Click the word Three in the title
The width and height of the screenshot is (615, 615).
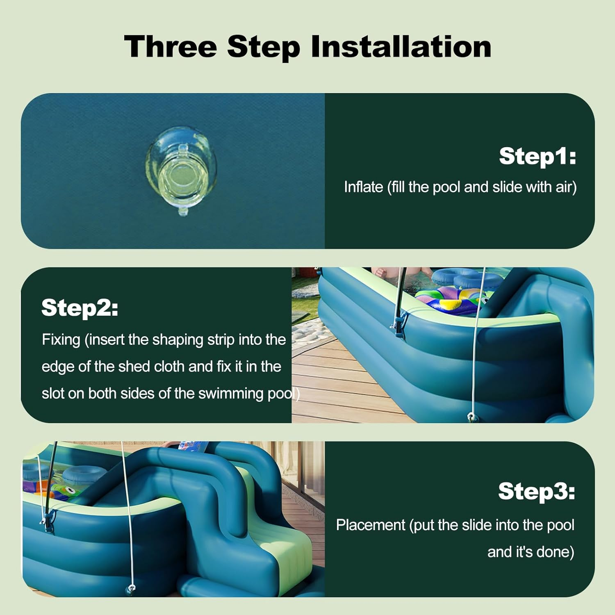click(170, 46)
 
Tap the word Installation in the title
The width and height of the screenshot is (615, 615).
click(401, 46)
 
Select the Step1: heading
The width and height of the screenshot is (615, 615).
click(538, 157)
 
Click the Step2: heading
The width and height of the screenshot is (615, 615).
click(80, 308)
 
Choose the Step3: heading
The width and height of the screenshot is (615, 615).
click(536, 492)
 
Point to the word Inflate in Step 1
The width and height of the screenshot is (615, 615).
click(363, 187)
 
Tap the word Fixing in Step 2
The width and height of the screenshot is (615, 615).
click(61, 340)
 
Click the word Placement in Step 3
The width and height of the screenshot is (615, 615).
click(371, 525)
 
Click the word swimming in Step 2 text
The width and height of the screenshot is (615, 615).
click(230, 394)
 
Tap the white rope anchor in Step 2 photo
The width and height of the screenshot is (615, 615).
click(471, 417)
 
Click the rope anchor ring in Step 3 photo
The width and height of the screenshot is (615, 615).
click(131, 589)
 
